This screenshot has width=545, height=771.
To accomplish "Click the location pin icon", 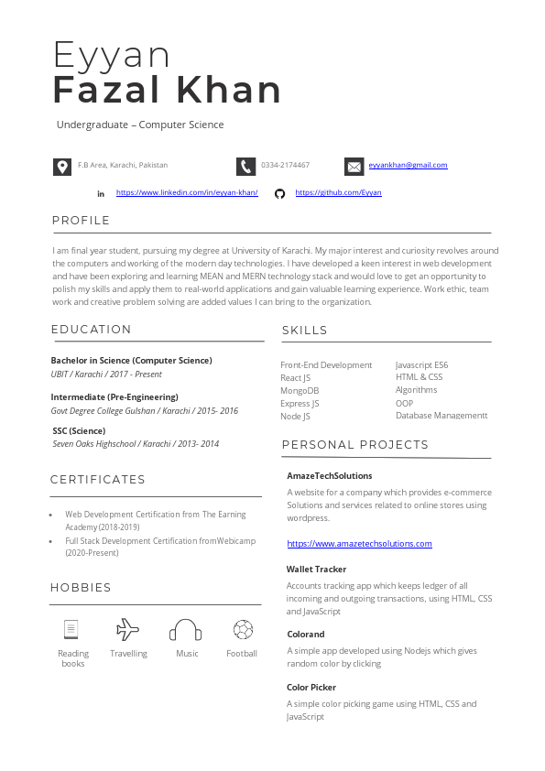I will point(61,166).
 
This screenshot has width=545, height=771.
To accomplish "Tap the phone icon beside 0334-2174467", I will point(245,166).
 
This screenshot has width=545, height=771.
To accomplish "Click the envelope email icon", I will point(354,166).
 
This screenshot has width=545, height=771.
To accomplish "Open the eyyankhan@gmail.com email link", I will point(408,166).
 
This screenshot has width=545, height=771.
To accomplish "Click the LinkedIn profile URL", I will point(187,193).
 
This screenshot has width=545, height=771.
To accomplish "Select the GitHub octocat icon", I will point(280,193).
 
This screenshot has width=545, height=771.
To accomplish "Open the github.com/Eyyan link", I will point(338,193).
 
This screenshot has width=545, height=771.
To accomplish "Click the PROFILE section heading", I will point(81,221).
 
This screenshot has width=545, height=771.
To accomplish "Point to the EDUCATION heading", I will point(92,330).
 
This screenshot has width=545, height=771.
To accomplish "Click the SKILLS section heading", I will point(305,331).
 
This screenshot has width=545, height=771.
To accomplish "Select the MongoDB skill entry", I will point(300,391).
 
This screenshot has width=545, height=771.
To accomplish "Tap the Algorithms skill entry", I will point(416,390).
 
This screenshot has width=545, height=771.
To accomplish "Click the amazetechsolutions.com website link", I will point(359,544).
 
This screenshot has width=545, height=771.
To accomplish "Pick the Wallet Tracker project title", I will point(316,570).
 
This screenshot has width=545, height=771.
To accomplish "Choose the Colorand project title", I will point(306,635).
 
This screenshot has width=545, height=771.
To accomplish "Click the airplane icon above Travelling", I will point(128,630).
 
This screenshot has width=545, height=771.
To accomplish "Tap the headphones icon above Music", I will point(186,630).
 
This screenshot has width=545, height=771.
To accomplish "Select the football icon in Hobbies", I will point(243,630).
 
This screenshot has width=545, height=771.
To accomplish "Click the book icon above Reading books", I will point(71,630).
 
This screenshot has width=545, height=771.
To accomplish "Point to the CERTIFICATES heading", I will point(98,480).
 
